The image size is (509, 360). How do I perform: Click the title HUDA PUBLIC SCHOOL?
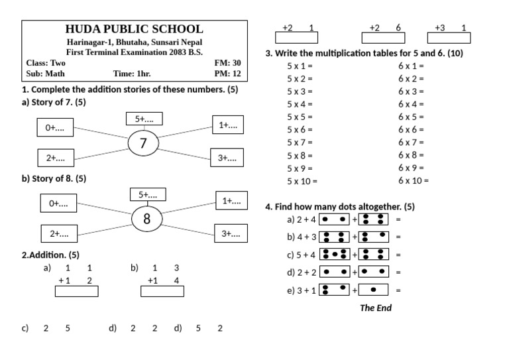pos(134,29)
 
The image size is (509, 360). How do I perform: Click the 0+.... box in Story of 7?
pos(55,127)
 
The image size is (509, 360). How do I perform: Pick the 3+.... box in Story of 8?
pos(231,233)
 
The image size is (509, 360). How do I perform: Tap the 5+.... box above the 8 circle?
pos(148,194)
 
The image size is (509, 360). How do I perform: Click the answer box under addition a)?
pos(77,291)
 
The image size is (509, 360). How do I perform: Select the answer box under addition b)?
pos(162,291)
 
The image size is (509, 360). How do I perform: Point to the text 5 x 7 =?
pos(300,142)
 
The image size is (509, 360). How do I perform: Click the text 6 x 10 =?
pos(414,180)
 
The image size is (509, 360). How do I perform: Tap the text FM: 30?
pos(227,62)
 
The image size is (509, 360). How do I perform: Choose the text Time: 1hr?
pos(132,74)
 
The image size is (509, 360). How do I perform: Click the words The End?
pos(376,308)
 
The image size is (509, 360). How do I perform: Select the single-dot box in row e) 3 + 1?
pos(373,290)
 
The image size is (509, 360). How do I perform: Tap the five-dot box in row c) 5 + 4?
pos(335,254)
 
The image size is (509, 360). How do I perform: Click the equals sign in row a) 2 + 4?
pos(398,219)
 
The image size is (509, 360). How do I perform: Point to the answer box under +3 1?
pos(449,38)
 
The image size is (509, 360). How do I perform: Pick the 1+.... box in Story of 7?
pos(228,125)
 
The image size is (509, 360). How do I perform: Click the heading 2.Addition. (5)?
pos(50,255)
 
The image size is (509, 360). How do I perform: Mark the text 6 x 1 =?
pos(412,66)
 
